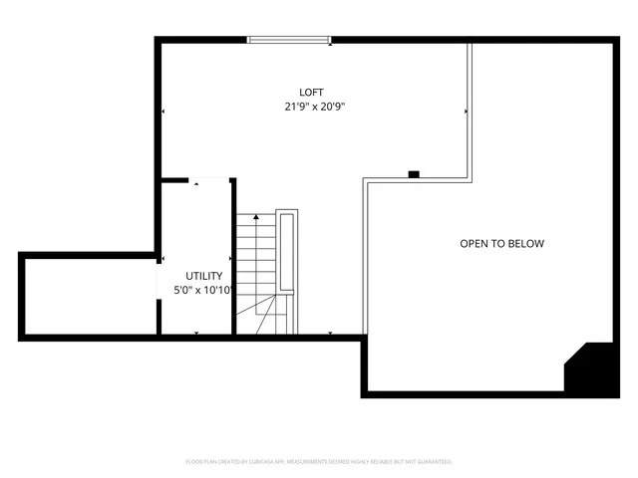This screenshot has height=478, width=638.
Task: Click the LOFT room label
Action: click(312, 93)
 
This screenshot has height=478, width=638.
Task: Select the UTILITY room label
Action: click(204, 276)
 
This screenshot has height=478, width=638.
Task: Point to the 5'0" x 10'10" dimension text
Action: click(203, 290)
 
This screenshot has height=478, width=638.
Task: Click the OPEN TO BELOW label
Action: click(501, 244)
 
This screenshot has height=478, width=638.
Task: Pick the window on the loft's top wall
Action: click(288, 40)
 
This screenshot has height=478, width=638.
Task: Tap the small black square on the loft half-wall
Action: click(413, 175)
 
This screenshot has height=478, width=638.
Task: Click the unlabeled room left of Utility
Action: click(89, 296)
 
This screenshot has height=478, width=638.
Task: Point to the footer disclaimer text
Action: click(319, 461)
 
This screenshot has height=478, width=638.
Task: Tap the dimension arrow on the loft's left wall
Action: click(162, 112)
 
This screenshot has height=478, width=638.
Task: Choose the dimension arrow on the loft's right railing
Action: click(466, 112)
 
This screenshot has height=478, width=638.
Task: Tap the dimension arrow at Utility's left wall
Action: click(162, 261)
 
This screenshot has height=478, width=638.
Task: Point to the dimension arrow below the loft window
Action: click(330, 44)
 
